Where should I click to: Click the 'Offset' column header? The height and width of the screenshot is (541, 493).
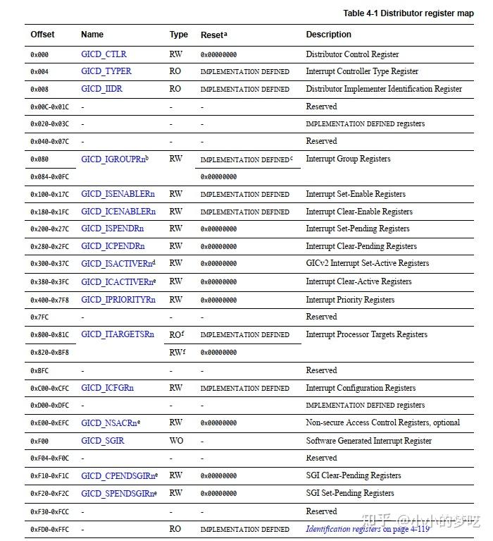point(42,35)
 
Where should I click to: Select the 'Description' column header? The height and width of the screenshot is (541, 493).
point(328,35)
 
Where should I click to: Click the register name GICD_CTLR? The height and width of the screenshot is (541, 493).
point(104,54)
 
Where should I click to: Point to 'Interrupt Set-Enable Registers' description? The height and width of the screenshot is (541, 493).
point(356,194)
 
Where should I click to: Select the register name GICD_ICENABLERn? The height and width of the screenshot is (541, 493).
point(118,212)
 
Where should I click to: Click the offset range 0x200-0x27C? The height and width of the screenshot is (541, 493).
point(51,229)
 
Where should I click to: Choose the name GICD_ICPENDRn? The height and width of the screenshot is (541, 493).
point(113,246)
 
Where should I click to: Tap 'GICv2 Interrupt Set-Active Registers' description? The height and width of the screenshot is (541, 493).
point(367,263)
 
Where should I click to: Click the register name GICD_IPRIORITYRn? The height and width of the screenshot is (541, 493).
point(117,300)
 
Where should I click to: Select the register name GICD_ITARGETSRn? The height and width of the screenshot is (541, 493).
point(117,334)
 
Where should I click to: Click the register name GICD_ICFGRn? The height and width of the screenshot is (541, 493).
point(107,388)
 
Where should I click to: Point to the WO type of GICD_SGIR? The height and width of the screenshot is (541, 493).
point(176,441)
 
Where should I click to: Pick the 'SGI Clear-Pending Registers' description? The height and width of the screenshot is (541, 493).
point(354,475)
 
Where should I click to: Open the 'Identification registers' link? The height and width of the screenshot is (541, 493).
point(344,529)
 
